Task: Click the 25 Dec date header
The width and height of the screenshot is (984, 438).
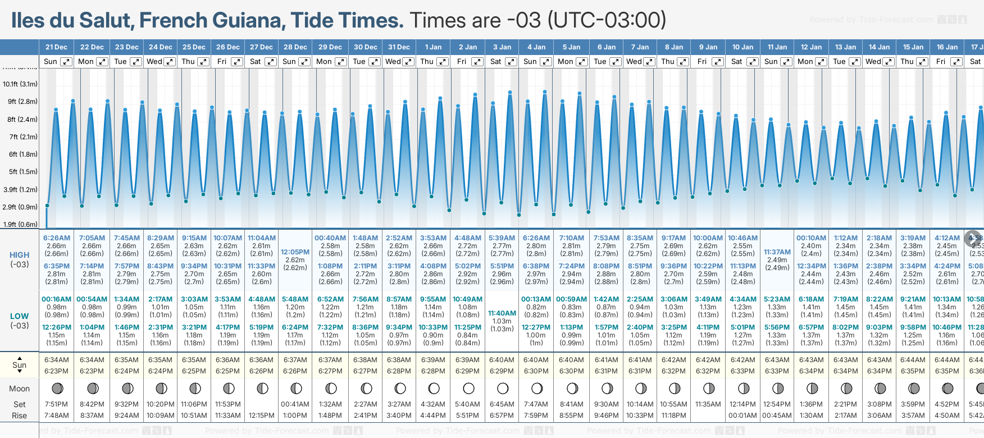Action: point(194,47)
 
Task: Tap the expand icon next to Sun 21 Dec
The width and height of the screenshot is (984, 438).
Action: point(66,62)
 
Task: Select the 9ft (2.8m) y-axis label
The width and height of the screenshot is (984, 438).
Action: point(20,102)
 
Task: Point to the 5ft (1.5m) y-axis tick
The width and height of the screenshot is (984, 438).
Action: point(20,172)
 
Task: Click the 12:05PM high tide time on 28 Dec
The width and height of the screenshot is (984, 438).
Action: point(295,252)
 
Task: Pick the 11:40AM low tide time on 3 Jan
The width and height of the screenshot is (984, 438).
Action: point(502,313)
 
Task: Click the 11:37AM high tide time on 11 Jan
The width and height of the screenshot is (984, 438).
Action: point(777,252)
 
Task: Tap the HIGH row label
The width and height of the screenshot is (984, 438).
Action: point(19,255)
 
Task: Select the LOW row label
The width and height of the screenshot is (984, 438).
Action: point(19,316)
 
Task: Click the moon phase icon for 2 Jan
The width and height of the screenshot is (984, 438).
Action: point(468,388)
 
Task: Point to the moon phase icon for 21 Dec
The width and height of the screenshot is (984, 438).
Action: point(57,388)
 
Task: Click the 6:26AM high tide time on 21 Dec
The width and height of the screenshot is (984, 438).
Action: point(57,238)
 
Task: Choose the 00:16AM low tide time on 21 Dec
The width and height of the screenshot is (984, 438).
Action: point(57,299)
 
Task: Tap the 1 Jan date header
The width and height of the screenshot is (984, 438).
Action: point(433,47)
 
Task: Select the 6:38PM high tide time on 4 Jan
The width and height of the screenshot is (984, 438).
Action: point(536,266)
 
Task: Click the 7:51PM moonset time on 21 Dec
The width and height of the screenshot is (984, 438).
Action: point(56,404)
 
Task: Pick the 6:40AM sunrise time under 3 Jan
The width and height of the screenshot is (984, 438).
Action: point(502,360)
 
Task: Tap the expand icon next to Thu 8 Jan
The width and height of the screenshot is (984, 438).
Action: point(682,62)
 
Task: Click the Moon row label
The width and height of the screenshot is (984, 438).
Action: point(19,389)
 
